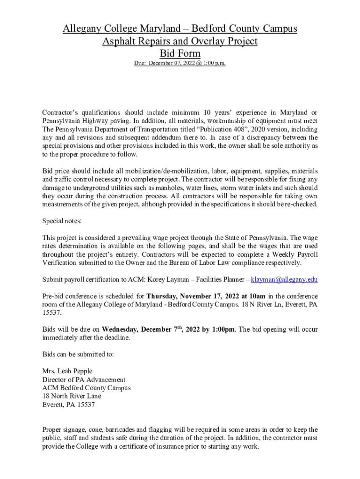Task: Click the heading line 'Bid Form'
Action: point(180,53)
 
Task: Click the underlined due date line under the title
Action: point(180,63)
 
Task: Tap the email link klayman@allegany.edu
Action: point(284,280)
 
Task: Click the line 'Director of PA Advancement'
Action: point(84,380)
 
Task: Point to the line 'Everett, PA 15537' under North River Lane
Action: point(69,405)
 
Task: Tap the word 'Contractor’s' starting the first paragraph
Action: point(61,113)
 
